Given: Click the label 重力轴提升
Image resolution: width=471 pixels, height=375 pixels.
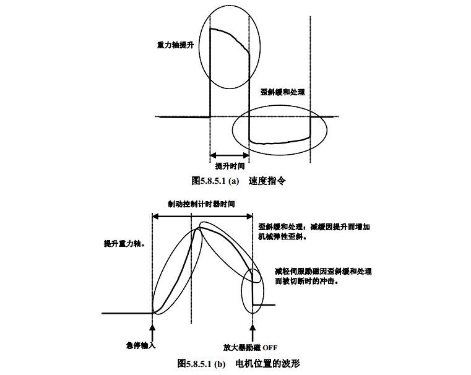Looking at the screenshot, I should coord(175,46).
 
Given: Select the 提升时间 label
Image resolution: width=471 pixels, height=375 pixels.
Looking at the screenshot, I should coord(230,166).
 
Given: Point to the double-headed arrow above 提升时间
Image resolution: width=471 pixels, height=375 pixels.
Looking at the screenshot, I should coord(229,155).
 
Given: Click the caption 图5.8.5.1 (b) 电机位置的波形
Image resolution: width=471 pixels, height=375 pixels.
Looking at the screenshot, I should coord(238,363).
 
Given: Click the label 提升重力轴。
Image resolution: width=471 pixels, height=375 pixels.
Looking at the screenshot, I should coord(124,244).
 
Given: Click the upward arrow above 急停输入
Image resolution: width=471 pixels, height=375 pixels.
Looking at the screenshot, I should coord(152,320).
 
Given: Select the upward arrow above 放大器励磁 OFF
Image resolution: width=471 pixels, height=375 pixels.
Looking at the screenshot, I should coord(253,321).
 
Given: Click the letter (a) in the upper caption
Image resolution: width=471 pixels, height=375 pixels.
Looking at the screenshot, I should coord(233,181).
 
